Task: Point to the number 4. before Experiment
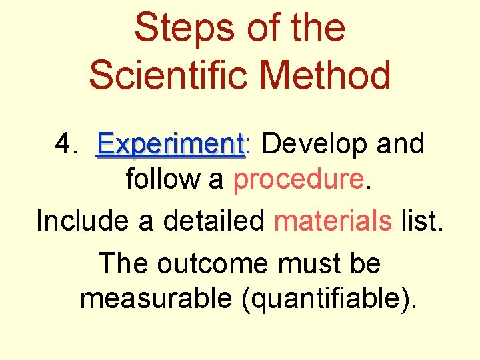pyautogui.click(x=67, y=143)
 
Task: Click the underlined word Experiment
pyautogui.click(x=171, y=144)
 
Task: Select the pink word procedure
pyautogui.click(x=299, y=181)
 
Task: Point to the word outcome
pyautogui.click(x=213, y=263)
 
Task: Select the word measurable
pyautogui.click(x=155, y=299)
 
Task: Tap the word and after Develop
pyautogui.click(x=401, y=143)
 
